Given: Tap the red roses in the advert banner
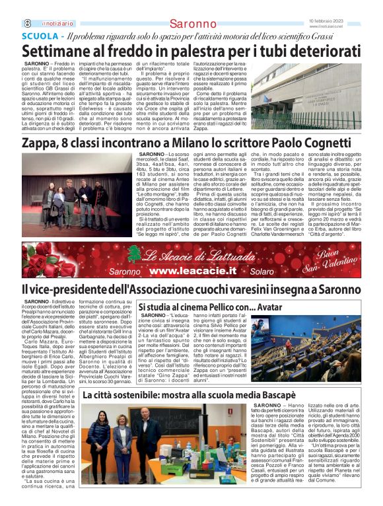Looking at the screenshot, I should pyautogui.click(x=53, y=260).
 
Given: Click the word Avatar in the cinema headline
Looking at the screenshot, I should pyautogui.click(x=271, y=307).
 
